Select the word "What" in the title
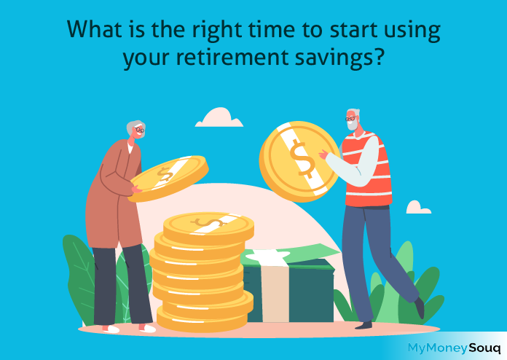click(x=95, y=29)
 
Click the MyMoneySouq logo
click(x=454, y=348)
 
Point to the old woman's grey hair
click(x=133, y=127)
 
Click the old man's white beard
click(x=353, y=125)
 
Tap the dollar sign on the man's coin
click(x=302, y=158)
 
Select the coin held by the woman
click(x=168, y=178)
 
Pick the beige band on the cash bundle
click(x=275, y=291)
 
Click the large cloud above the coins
click(x=219, y=118)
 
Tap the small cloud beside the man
click(x=418, y=208)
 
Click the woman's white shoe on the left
click(x=111, y=329)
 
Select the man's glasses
click(x=350, y=119)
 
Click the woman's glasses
click(x=140, y=130)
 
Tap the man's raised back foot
click(x=420, y=308)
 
